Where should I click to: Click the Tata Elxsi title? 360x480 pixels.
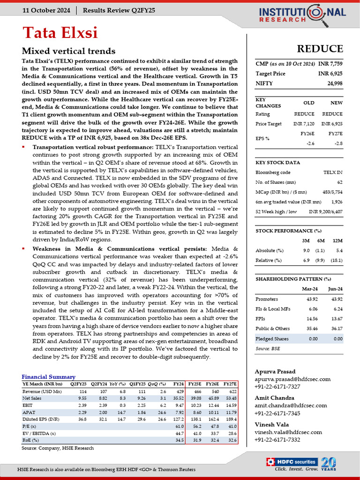pyautogui.click(x=60, y=33)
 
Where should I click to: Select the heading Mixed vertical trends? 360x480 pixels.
pyautogui.click(x=68, y=51)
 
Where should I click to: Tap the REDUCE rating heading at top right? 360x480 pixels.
pyautogui.click(x=320, y=49)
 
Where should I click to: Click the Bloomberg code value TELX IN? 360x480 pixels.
pyautogui.click(x=333, y=172)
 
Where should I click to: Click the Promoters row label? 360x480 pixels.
pyautogui.click(x=266, y=299)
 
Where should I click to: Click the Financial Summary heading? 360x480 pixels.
pyautogui.click(x=48, y=377)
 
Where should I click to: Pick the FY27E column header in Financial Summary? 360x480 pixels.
pyautogui.click(x=230, y=383)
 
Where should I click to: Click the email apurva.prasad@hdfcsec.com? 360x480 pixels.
pyautogui.click(x=292, y=379)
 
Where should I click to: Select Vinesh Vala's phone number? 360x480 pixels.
pyautogui.click(x=277, y=440)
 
